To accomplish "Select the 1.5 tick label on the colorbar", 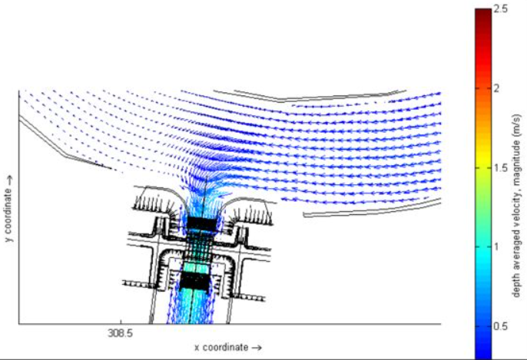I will tap(502, 167).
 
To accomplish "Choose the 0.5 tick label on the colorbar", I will tap(502, 325).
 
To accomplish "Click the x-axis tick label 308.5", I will tap(121, 334).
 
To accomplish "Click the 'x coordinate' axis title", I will tap(222, 347).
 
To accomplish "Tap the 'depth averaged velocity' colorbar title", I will tap(518, 223).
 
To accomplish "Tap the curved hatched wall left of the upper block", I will tap(158, 202).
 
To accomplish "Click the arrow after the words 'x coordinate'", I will tap(257, 347).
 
